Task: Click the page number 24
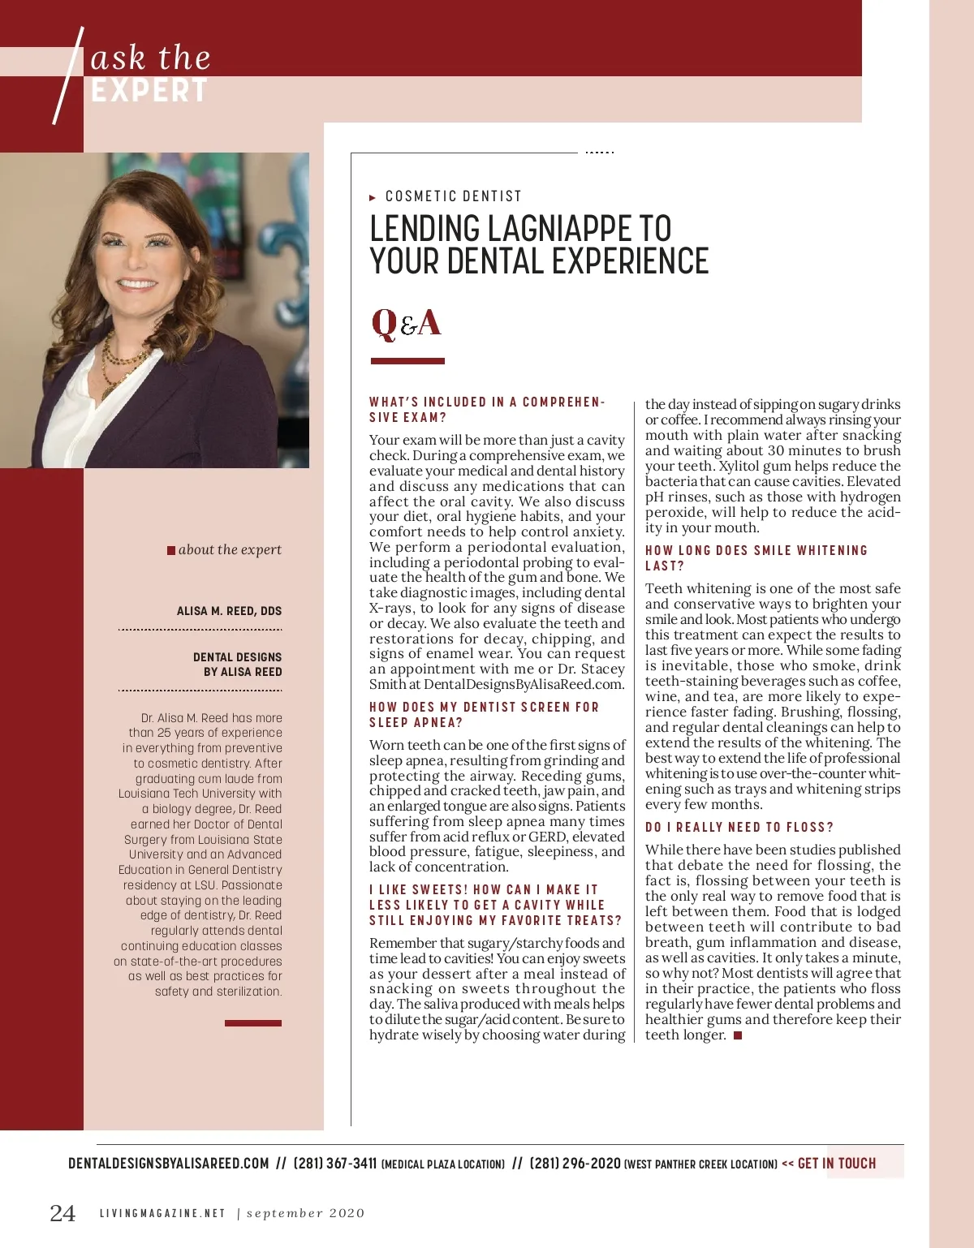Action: (x=62, y=1213)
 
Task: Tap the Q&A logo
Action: (x=406, y=323)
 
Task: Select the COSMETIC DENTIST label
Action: (x=453, y=196)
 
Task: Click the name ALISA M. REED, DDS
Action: (x=229, y=611)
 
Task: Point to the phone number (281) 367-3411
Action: (x=335, y=1164)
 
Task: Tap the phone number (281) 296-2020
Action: (x=575, y=1164)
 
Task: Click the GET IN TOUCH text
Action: (x=837, y=1164)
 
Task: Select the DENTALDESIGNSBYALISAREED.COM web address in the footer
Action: (x=168, y=1164)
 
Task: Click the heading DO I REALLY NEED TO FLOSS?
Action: (x=739, y=828)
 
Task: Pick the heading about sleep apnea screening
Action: (x=484, y=715)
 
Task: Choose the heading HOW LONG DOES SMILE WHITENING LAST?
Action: (x=756, y=558)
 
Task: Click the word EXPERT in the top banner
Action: (x=149, y=91)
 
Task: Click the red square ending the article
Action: (x=738, y=1035)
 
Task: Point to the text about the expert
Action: (x=230, y=549)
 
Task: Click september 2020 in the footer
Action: (x=305, y=1213)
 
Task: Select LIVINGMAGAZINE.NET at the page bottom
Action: (x=162, y=1213)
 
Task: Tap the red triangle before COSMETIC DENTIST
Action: (x=373, y=197)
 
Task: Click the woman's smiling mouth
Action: (x=137, y=285)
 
